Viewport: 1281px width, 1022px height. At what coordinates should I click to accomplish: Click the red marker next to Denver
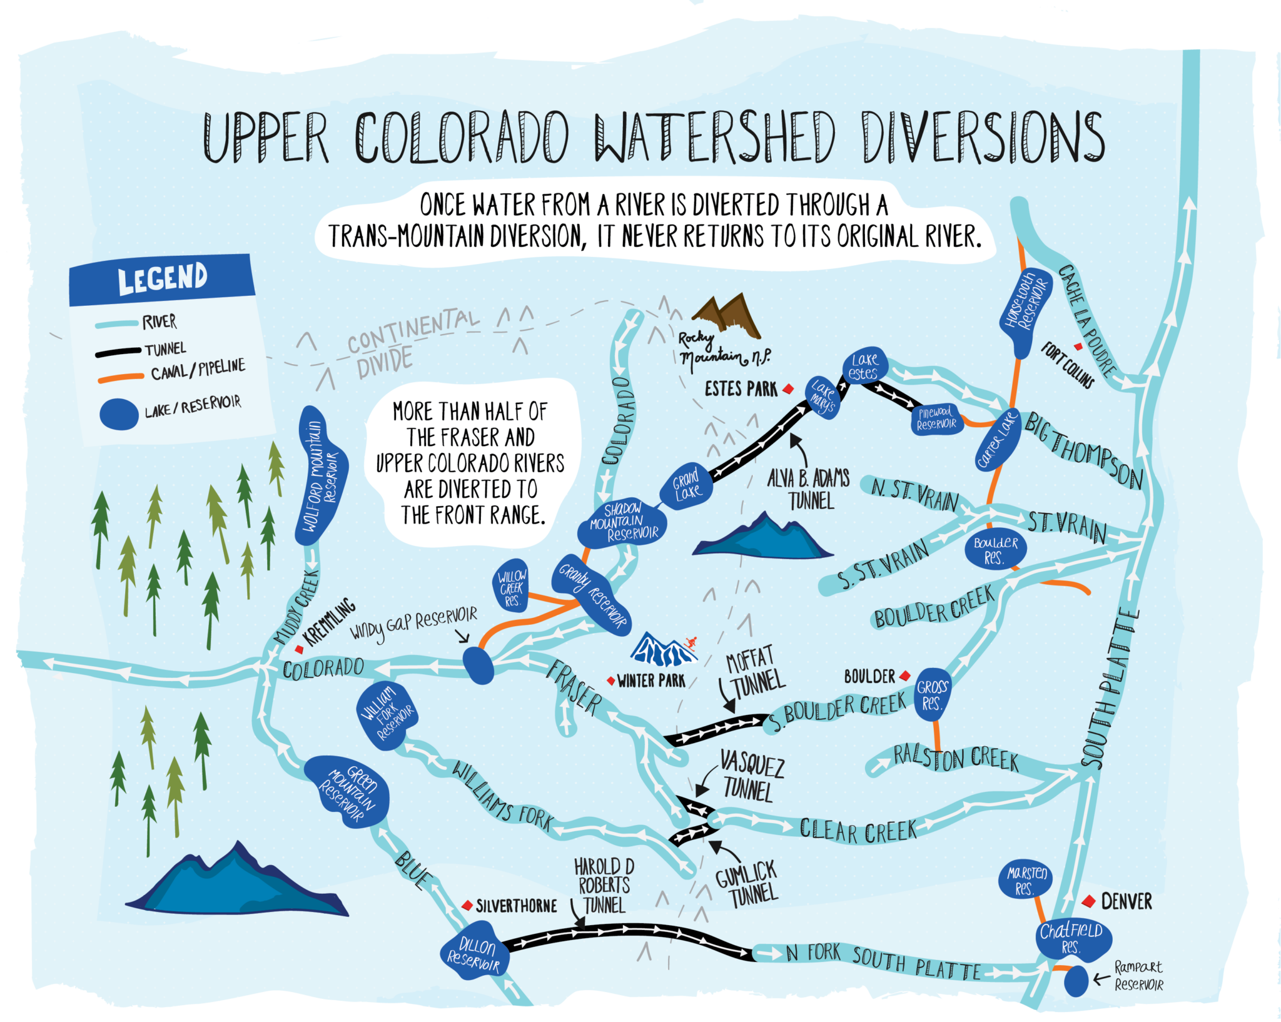pos(1089,901)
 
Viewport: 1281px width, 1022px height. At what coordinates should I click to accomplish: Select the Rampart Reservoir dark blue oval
pos(1076,981)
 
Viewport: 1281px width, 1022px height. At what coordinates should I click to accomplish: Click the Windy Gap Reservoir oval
pos(478,665)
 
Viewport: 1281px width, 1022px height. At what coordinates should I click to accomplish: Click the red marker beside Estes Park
pos(789,389)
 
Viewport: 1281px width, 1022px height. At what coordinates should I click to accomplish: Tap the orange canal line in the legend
pos(121,378)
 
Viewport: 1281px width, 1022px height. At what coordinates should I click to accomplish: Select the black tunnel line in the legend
pos(118,352)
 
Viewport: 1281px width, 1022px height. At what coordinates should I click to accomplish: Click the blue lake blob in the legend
pos(119,414)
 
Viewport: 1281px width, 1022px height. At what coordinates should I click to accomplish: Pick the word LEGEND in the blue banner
pos(163,278)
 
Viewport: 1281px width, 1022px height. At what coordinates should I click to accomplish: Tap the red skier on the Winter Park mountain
pos(691,642)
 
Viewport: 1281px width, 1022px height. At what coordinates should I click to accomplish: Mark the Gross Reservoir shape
pos(932,694)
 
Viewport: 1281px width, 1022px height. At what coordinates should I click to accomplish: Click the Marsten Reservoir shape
pos(1025,879)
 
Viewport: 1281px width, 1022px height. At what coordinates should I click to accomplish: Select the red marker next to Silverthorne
pos(467,906)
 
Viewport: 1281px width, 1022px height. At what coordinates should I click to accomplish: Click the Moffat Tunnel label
pos(753,672)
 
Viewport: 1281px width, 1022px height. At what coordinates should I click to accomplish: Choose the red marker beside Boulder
pos(904,676)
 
